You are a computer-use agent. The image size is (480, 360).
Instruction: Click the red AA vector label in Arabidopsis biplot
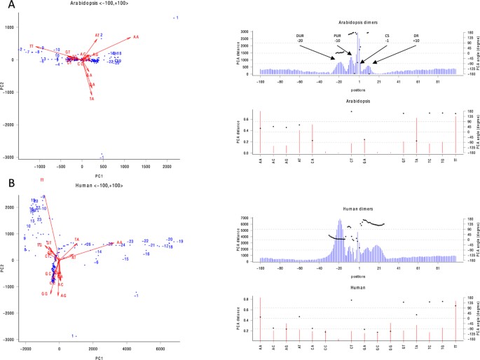click(x=136, y=36)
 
